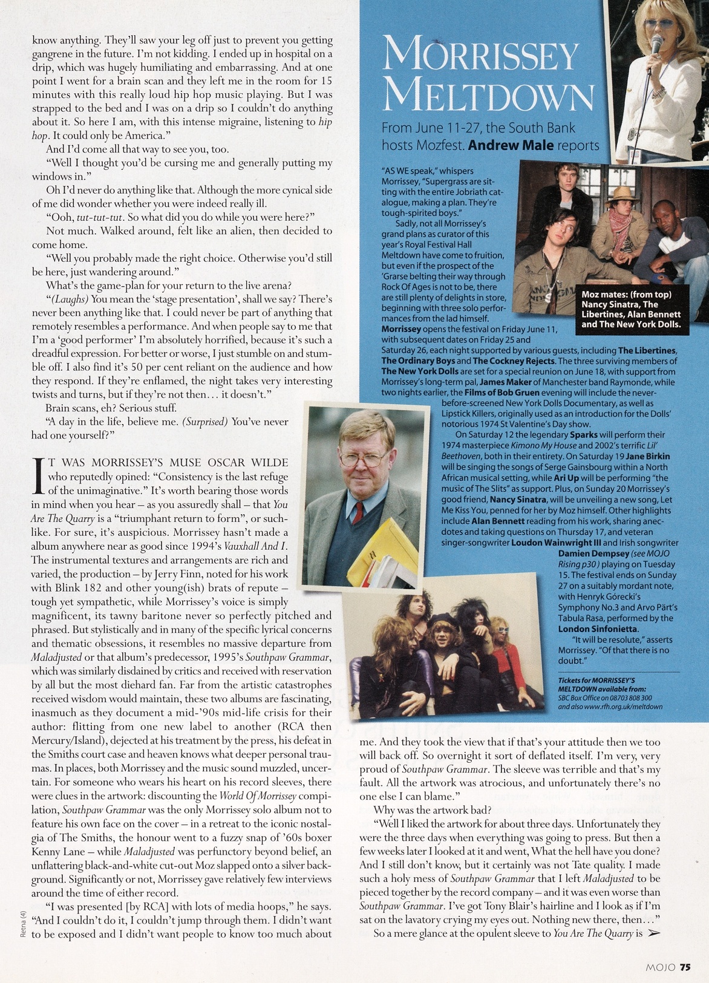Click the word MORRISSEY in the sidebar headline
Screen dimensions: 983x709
[x=481, y=56]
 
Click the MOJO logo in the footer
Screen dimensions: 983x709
[x=661, y=967]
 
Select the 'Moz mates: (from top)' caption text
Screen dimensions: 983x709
[x=626, y=295]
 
